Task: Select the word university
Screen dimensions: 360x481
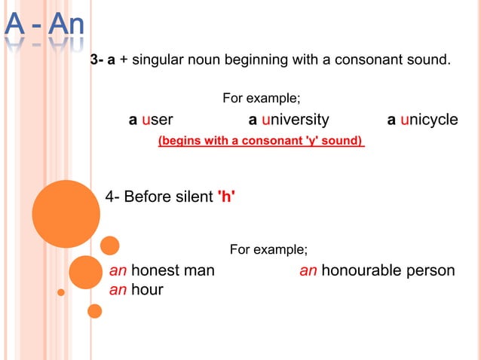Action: coord(295,120)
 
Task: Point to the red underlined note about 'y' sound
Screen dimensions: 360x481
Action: coord(261,140)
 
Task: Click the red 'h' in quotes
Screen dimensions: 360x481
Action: coord(226,197)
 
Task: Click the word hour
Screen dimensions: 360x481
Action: coord(147,289)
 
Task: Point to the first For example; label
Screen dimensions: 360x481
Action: coord(262,99)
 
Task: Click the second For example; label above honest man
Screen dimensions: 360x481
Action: coord(268,249)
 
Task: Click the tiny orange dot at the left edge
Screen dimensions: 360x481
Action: coord(61,291)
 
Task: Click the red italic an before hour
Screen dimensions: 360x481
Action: coord(118,289)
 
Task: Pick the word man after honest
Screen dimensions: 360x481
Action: coord(200,270)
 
